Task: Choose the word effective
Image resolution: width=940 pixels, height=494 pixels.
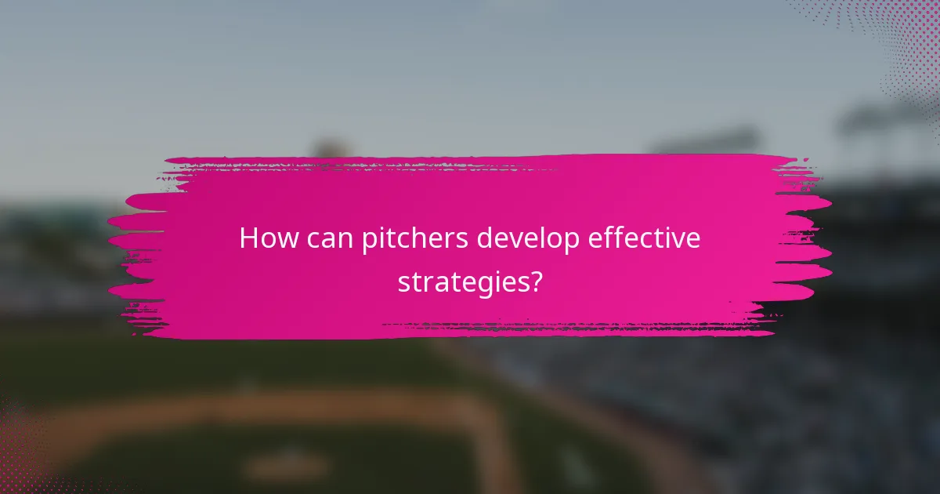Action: tap(648, 238)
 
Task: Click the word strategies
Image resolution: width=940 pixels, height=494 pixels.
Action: tap(461, 282)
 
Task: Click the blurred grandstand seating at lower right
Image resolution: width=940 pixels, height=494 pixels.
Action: tap(783, 408)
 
